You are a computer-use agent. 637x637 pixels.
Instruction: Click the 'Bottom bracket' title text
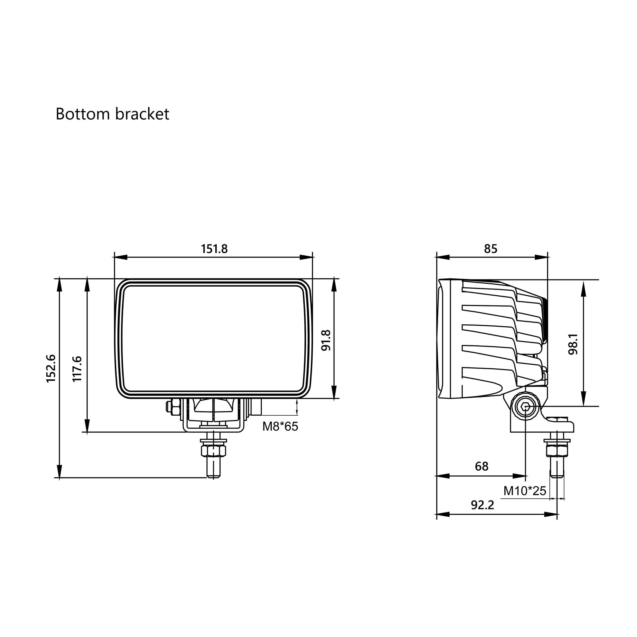pyautogui.click(x=112, y=114)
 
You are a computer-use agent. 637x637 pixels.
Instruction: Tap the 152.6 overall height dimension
pyautogui.click(x=51, y=369)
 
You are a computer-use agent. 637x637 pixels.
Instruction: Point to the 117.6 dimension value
pyautogui.click(x=77, y=369)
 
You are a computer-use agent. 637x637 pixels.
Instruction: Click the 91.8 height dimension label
pyautogui.click(x=326, y=340)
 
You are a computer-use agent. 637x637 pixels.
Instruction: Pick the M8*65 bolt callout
pyautogui.click(x=280, y=426)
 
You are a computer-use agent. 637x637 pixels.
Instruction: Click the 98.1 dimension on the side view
pyautogui.click(x=573, y=344)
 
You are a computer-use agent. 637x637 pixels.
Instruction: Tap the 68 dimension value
pyautogui.click(x=482, y=466)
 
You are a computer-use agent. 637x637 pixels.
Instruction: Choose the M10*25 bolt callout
pyautogui.click(x=525, y=491)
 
